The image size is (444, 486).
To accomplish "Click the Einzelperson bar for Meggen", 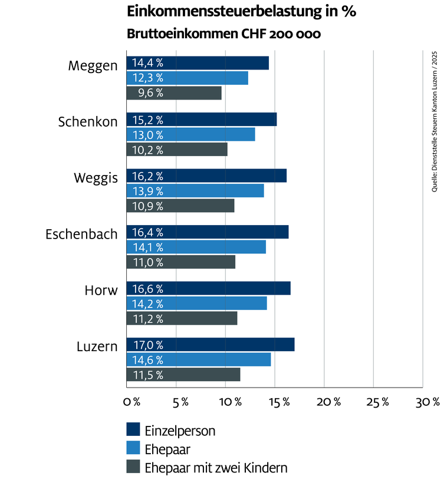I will point(198,63).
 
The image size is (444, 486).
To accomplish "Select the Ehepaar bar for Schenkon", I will point(191,134).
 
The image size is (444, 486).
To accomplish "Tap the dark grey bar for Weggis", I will point(180,206).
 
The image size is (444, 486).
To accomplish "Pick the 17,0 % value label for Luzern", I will point(147,345).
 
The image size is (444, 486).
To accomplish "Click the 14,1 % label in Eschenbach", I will point(147,247).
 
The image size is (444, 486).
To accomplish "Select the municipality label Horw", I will point(101,290).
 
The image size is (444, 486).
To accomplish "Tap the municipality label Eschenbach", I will point(81,234).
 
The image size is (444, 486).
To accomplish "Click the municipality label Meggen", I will point(93,65).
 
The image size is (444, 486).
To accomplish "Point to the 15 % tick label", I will point(279,402).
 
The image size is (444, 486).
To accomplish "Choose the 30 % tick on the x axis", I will point(427,402).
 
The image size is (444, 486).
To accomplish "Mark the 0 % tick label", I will point(131,402).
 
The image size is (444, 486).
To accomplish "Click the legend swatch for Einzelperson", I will point(133,430).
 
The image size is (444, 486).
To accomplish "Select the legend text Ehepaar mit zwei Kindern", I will point(216,468).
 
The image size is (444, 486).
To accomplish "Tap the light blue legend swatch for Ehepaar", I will point(133,449).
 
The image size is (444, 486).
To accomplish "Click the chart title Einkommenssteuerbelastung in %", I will point(242,12).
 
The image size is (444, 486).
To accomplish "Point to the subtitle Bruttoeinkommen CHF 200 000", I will point(223,34).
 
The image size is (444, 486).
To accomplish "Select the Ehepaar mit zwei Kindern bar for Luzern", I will point(183,375).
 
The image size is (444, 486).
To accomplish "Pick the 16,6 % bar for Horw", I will point(208,288).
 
